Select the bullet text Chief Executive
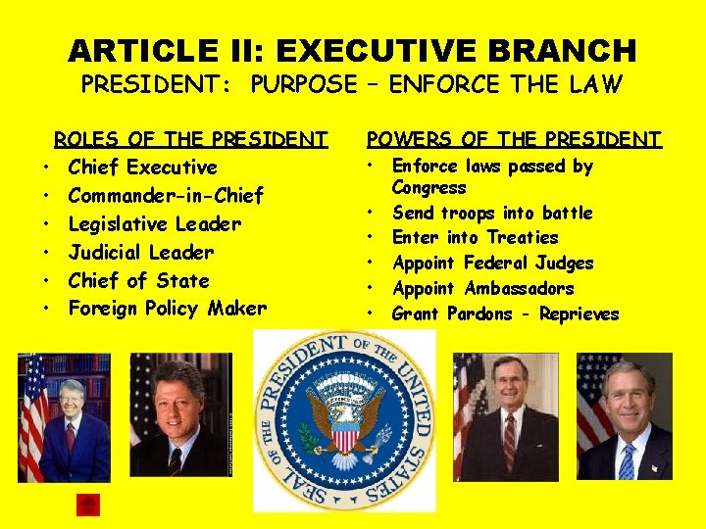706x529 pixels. point(142,168)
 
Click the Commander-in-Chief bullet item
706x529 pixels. point(166,196)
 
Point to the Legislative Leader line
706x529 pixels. point(154,224)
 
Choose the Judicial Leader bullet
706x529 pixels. point(140,253)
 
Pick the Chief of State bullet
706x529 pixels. point(138,281)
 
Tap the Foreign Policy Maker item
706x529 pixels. point(167,310)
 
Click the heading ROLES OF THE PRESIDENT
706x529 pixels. point(190,139)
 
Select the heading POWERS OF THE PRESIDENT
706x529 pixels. point(513,139)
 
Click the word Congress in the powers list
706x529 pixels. point(429,188)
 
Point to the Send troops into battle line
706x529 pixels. point(492,213)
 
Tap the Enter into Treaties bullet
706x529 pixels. point(475,238)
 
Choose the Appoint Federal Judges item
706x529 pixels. point(492,263)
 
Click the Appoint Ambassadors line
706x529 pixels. point(482,288)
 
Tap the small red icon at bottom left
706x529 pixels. point(88,505)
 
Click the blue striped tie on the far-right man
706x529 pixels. point(627,460)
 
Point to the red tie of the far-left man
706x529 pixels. point(71,436)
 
